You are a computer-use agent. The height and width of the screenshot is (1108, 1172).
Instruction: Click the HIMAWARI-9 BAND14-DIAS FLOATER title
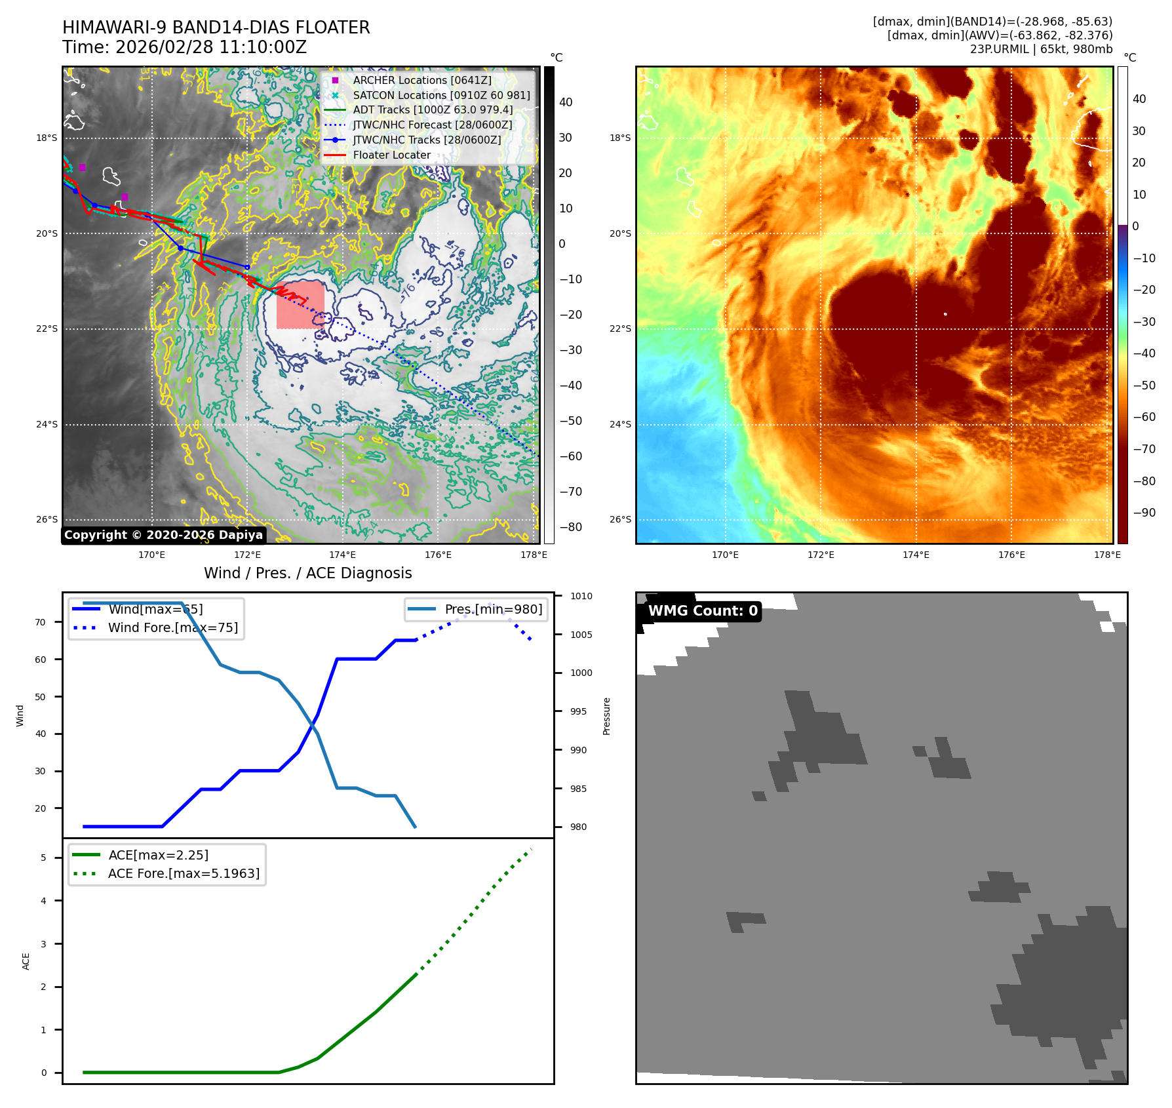(x=216, y=28)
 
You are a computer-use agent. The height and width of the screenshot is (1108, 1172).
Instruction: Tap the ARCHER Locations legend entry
(x=421, y=80)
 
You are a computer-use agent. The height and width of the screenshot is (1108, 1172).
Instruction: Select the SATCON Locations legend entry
(x=440, y=95)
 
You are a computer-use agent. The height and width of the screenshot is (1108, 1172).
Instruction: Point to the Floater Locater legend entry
(x=391, y=155)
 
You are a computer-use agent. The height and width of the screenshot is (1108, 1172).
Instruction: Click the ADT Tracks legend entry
(x=433, y=110)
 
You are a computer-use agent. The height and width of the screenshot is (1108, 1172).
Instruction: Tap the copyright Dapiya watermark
(x=163, y=535)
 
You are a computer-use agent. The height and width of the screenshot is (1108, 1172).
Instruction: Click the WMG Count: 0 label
(x=702, y=611)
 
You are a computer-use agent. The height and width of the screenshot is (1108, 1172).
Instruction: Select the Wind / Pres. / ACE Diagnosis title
(x=307, y=573)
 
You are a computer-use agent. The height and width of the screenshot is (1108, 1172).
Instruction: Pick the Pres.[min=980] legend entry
(x=493, y=609)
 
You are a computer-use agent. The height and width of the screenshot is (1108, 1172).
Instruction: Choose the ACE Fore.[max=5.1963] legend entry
(x=184, y=873)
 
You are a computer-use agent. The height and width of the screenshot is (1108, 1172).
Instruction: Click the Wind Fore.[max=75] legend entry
(x=172, y=627)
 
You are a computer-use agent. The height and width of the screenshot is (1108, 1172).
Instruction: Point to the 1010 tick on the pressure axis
(x=581, y=596)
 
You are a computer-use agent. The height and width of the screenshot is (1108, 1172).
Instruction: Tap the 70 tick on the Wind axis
(x=41, y=622)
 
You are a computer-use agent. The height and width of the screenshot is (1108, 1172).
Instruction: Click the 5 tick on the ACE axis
(x=44, y=858)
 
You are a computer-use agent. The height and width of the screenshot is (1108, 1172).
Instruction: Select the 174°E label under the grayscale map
(x=342, y=555)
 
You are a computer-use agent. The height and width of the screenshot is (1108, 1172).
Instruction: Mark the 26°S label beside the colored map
(x=620, y=520)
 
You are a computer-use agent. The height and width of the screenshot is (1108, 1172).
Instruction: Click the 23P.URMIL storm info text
(x=1041, y=49)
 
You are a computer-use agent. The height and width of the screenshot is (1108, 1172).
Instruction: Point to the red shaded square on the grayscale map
(x=300, y=305)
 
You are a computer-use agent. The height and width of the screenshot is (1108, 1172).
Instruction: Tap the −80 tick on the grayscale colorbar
(x=570, y=527)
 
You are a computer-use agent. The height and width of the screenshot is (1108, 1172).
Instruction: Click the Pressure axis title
(x=606, y=716)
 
